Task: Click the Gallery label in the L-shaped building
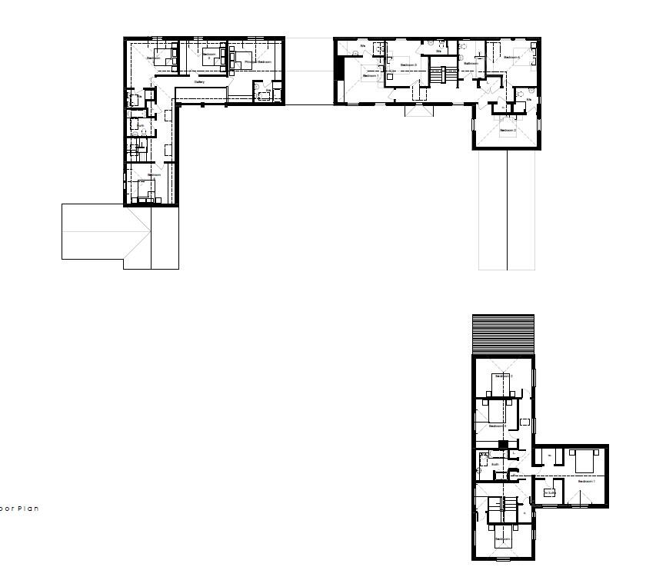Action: pyautogui.click(x=199, y=82)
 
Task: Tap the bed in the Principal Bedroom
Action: pyautogui.click(x=240, y=57)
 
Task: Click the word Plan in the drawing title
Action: pyautogui.click(x=29, y=509)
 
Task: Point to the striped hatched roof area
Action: pyautogui.click(x=503, y=335)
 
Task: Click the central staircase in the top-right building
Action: pyautogui.click(x=439, y=76)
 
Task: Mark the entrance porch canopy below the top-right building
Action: pyautogui.click(x=420, y=111)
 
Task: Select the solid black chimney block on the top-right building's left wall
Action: pyautogui.click(x=339, y=68)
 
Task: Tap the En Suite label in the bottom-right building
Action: pyautogui.click(x=549, y=492)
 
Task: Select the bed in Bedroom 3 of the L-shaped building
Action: pyautogui.click(x=213, y=56)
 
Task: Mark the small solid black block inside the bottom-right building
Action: pyautogui.click(x=503, y=445)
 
